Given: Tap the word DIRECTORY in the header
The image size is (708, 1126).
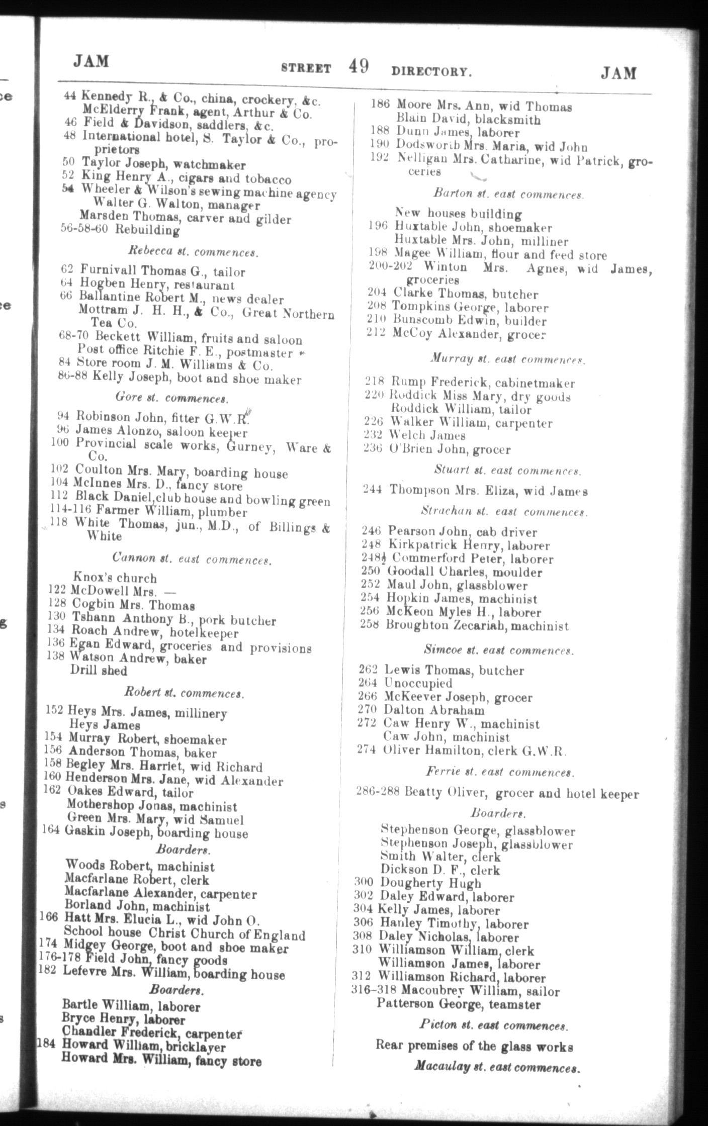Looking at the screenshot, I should pos(431,72).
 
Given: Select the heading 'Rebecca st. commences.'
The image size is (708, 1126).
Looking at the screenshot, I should pos(194,252).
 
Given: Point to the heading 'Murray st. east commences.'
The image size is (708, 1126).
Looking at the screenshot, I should pos(507,359).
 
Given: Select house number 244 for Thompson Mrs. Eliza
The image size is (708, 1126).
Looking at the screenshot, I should pos(372,489).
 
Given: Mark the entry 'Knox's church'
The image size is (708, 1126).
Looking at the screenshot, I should pos(115,578).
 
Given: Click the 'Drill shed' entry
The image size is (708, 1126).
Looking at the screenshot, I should pos(99,671).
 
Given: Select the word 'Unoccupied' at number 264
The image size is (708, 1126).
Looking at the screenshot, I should pos(418,683).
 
